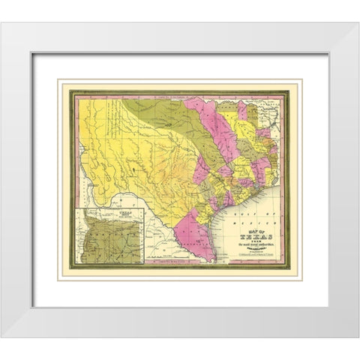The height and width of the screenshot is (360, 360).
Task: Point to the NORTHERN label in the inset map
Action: pyautogui.click(x=100, y=217)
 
